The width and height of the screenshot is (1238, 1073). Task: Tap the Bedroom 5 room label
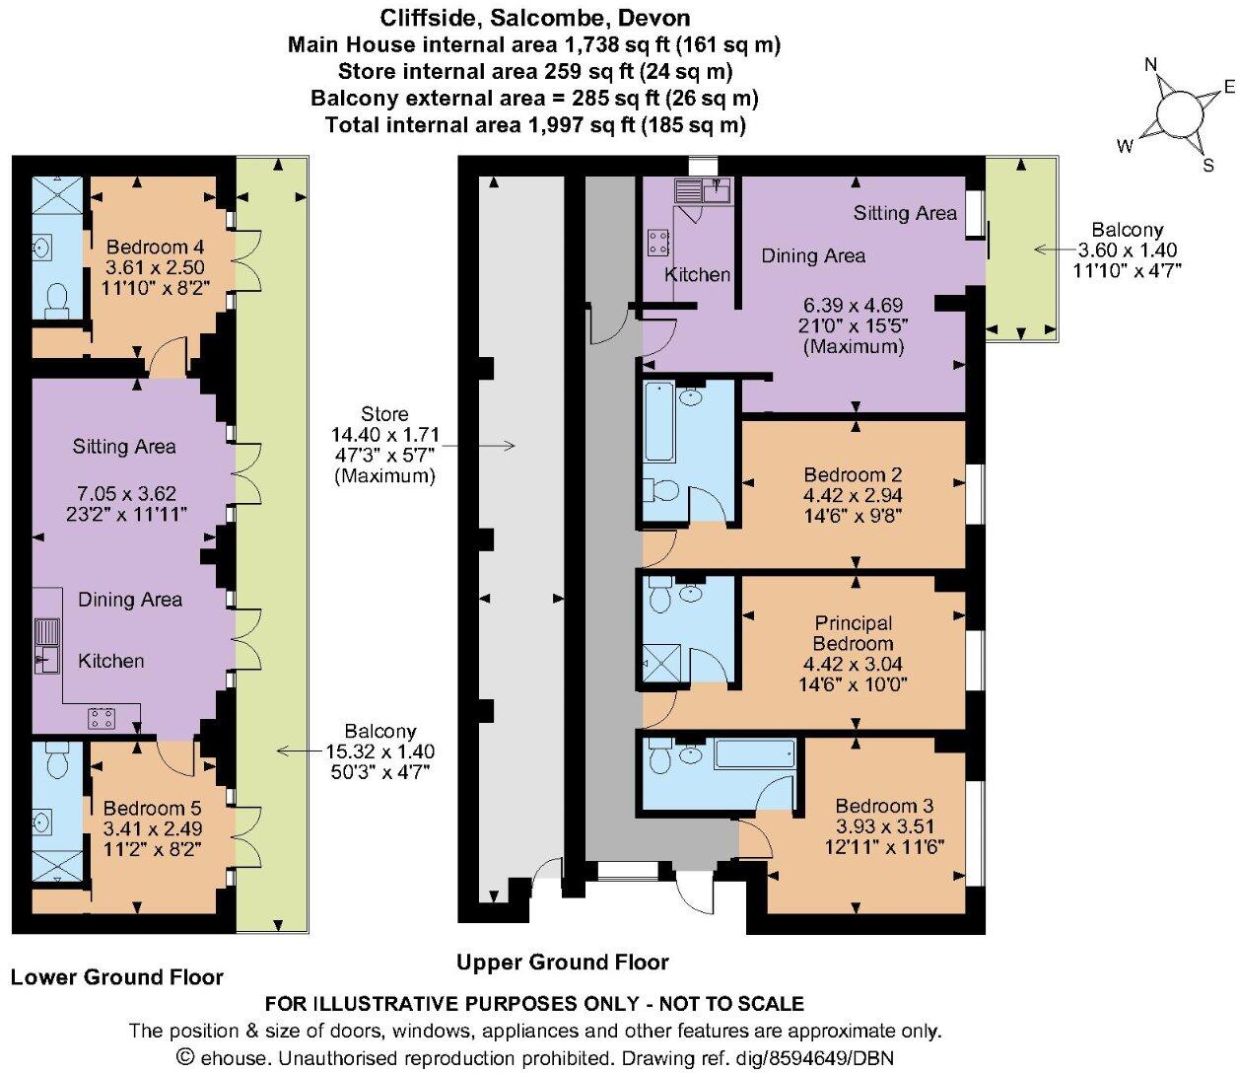point(145,808)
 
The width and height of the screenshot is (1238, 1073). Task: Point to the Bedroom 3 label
point(884,806)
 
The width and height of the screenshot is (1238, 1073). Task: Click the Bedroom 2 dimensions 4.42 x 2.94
point(853,495)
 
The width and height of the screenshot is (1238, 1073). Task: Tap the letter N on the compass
point(1150,65)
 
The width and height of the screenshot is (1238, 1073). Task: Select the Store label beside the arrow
point(384,414)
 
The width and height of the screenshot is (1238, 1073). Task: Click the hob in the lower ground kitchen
point(102,718)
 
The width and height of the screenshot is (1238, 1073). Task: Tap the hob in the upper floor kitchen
point(658,243)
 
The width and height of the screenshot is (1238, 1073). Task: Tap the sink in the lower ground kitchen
point(46,646)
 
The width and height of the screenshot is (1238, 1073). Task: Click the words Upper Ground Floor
point(562,963)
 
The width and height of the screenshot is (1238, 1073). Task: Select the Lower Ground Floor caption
point(117,977)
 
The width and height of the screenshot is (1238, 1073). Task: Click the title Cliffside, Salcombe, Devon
point(535,18)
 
